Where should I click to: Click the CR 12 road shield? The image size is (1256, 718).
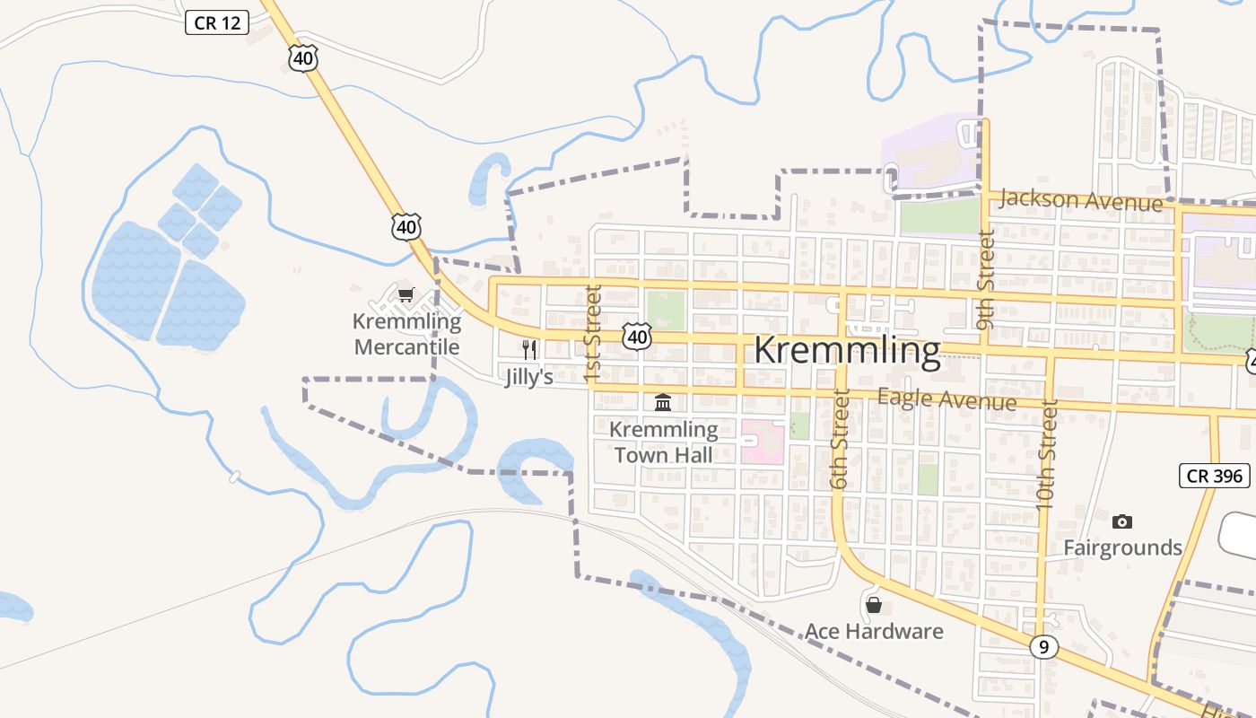click(217, 22)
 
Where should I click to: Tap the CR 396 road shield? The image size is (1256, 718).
click(1215, 476)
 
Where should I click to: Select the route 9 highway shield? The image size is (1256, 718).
click(1042, 646)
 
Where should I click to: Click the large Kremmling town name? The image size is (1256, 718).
click(847, 351)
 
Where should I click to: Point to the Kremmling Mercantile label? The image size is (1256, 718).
click(406, 334)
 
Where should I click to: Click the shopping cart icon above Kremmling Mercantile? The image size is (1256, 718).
click(406, 294)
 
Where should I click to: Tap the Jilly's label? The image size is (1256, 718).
click(528, 377)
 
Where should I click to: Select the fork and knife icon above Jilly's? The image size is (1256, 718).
click(529, 349)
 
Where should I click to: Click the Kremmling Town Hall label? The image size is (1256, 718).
click(663, 442)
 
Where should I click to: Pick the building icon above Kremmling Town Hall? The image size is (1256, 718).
click(663, 402)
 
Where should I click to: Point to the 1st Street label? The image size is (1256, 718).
click(592, 334)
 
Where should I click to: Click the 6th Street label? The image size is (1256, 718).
click(840, 439)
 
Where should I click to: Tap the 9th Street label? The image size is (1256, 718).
click(986, 280)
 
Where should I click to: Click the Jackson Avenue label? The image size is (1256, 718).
click(1080, 200)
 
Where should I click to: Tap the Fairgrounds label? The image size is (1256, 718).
click(1122, 547)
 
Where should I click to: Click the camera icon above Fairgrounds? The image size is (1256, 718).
click(1121, 521)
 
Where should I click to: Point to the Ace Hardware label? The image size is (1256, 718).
click(874, 631)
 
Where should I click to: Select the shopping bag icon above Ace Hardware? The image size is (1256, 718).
click(874, 605)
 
